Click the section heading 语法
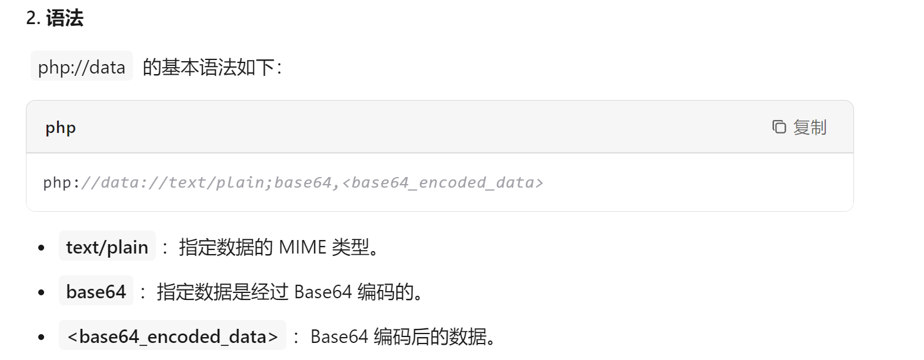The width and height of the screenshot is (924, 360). pos(65,18)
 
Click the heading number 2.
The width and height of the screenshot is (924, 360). pos(33,18)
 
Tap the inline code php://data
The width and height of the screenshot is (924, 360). pos(82,67)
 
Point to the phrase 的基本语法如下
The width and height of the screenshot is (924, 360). pos(209,67)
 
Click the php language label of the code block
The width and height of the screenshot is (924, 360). pos(61,128)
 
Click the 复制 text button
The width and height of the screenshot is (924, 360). pos(809,127)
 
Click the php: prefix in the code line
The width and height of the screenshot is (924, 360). pos(61,183)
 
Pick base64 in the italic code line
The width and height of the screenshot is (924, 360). pos(303,183)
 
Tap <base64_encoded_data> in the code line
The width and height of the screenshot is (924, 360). pos(442,183)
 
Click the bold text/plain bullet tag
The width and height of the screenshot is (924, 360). pos(107,247)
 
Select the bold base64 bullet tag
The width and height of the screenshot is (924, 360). pos(96,292)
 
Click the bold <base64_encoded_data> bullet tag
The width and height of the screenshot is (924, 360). pos(172,336)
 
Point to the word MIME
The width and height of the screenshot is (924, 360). pos(302,247)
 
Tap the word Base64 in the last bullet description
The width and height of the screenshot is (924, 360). pos(339,336)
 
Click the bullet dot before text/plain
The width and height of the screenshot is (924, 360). pos(41,248)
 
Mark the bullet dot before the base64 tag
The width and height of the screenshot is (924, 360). pos(41,292)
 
